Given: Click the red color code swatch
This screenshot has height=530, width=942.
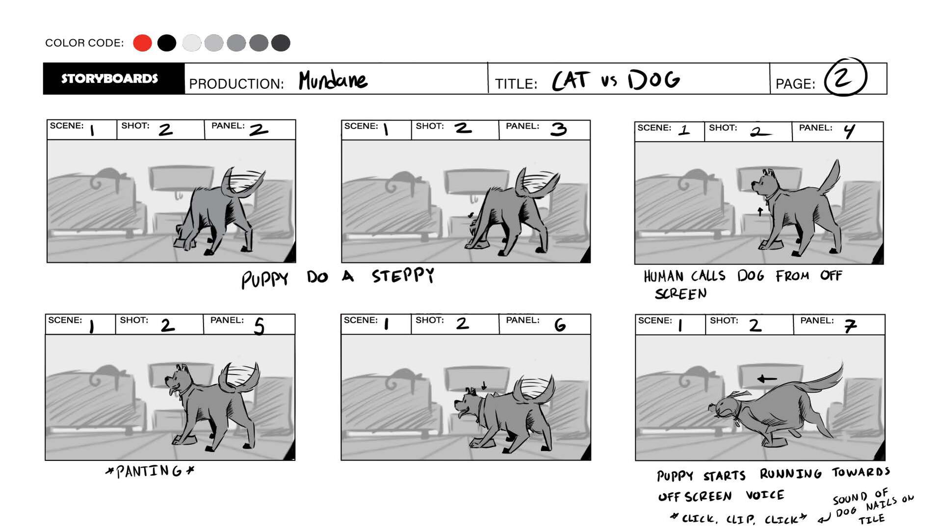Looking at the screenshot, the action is [142, 43].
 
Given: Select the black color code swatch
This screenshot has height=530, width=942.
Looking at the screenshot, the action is [167, 43].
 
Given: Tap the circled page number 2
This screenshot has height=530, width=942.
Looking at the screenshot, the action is [845, 77].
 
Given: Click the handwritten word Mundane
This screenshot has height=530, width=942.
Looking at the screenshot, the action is [333, 79].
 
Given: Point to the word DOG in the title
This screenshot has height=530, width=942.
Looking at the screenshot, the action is [654, 79].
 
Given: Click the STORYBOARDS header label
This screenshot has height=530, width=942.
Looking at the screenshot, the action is [109, 79].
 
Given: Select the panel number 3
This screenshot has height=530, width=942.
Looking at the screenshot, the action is [558, 129].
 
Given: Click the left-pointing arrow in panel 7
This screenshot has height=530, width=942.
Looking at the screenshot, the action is [767, 379].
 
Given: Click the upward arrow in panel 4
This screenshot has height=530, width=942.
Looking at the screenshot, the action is [760, 212].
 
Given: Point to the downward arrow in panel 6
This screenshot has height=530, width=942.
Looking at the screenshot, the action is [484, 386].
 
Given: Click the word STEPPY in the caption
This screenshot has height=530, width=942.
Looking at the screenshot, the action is [403, 275].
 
